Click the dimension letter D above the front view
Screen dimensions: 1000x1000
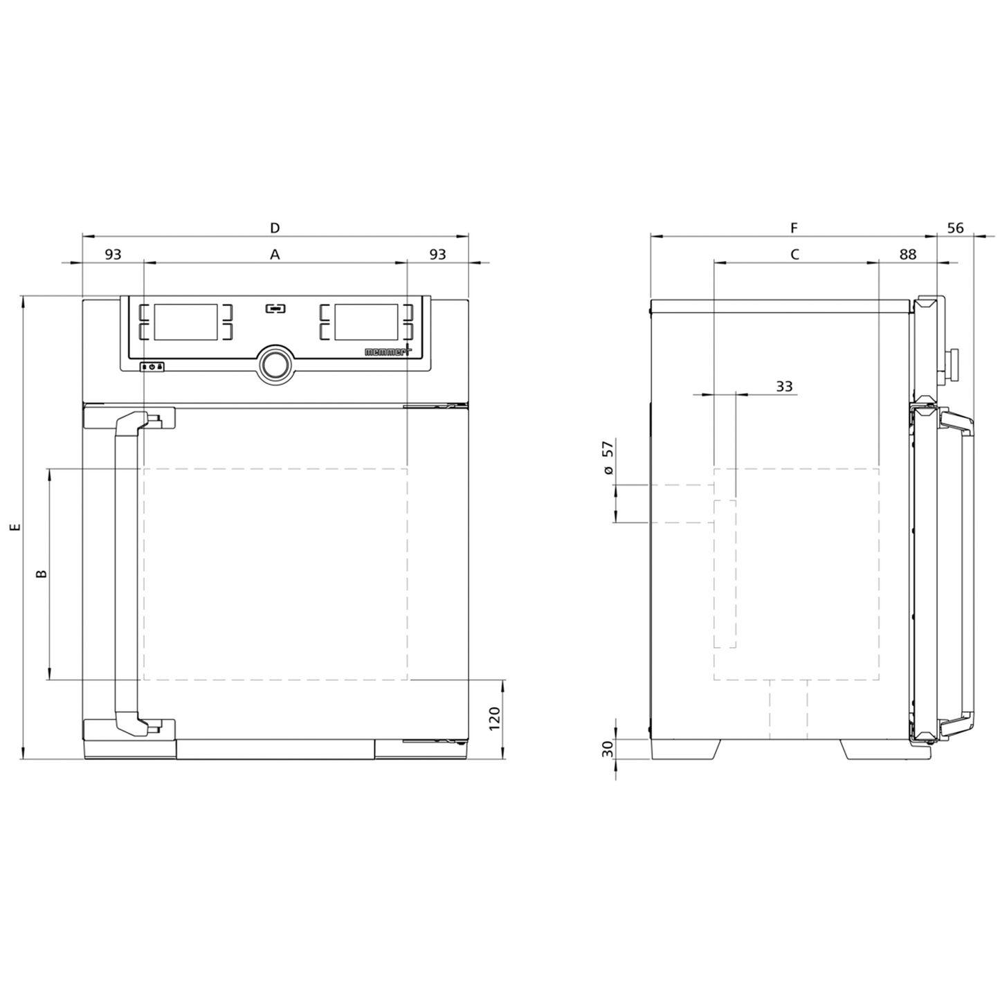[275, 228]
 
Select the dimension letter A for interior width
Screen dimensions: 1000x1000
[275, 255]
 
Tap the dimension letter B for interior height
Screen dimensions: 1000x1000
[42, 574]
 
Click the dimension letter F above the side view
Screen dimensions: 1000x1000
[794, 228]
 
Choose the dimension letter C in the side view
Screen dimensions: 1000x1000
[794, 255]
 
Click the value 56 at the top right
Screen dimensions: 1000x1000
[955, 228]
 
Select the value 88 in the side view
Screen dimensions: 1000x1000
[907, 255]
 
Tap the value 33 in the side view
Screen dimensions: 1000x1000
[783, 386]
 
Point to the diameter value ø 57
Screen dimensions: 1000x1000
[608, 458]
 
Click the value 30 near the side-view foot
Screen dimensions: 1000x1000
[608, 749]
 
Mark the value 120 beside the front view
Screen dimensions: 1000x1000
[494, 720]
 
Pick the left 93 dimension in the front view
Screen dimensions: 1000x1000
[113, 255]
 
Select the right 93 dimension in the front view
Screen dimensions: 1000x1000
[437, 255]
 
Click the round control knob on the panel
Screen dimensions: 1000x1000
[275, 363]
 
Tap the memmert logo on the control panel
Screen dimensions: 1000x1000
[388, 352]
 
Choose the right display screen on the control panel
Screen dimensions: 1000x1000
[366, 322]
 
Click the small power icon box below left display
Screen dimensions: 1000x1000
[152, 367]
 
